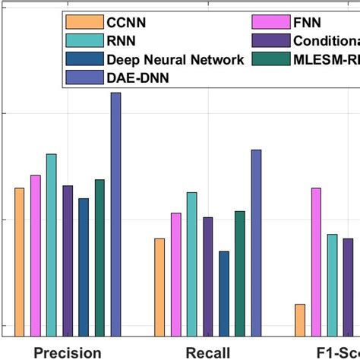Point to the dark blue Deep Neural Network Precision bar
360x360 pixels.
pyautogui.click(x=84, y=267)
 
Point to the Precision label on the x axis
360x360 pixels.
pyautogui.click(x=68, y=352)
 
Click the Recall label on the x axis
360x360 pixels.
pyautogui.click(x=207, y=352)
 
